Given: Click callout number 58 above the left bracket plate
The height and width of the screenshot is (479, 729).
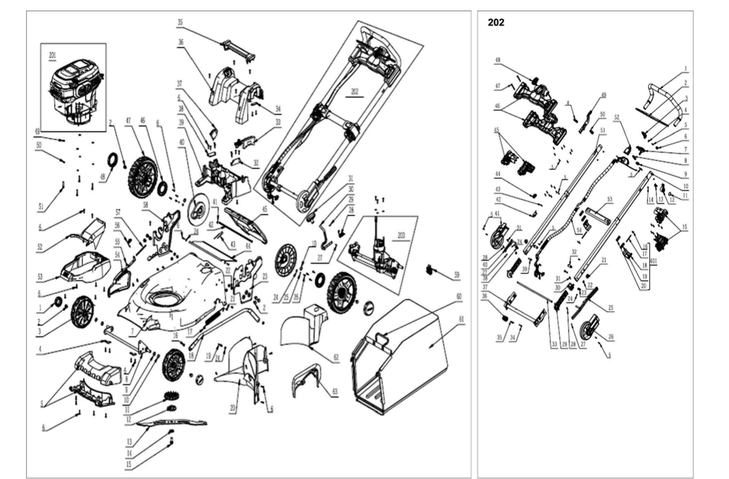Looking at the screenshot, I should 144,205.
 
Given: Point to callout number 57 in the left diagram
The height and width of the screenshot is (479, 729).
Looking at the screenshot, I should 118,212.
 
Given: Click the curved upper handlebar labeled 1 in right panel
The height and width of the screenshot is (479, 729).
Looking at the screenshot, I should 660,101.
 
